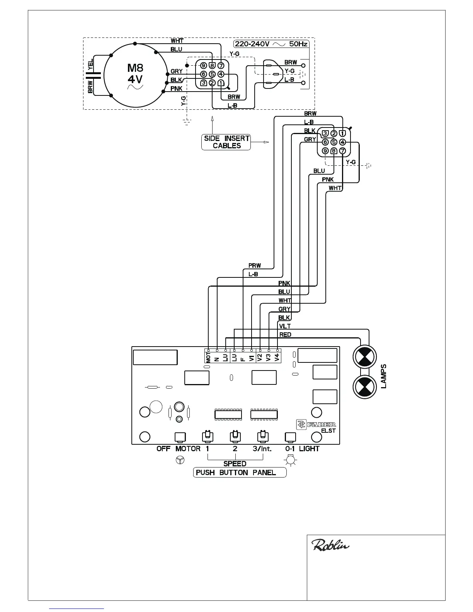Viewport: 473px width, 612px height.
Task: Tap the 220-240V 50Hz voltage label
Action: pyautogui.click(x=271, y=44)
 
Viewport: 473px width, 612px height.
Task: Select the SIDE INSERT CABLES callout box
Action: pyautogui.click(x=226, y=142)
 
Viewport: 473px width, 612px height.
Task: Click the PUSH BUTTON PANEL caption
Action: pyautogui.click(x=240, y=473)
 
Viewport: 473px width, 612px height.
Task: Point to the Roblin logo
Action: pyautogui.click(x=330, y=546)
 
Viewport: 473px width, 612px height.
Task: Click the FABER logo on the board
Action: pyautogui.click(x=316, y=425)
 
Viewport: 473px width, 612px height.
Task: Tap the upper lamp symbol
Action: pyautogui.click(x=364, y=357)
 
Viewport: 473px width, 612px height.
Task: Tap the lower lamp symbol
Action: pyautogui.click(x=364, y=387)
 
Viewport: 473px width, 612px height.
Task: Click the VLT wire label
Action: pyautogui.click(x=285, y=326)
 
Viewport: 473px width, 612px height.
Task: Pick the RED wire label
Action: pyautogui.click(x=285, y=335)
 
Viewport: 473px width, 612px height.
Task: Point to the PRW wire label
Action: pyautogui.click(x=255, y=265)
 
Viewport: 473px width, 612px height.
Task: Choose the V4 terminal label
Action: pyautogui.click(x=277, y=357)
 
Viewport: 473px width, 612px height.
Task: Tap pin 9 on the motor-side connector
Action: pyautogui.click(x=204, y=66)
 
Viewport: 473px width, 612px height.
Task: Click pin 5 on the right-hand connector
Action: pyautogui.click(x=334, y=142)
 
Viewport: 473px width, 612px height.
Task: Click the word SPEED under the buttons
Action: pyautogui.click(x=235, y=463)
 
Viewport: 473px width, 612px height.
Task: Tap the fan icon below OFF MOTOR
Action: pyautogui.click(x=180, y=460)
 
